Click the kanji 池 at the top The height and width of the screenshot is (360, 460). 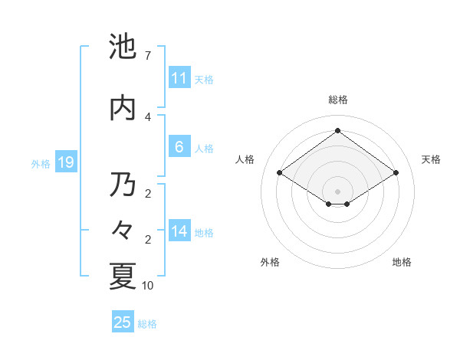[123, 47]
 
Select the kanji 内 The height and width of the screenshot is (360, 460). [123, 108]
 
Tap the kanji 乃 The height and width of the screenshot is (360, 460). [123, 185]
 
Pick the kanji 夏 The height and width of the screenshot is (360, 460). [123, 277]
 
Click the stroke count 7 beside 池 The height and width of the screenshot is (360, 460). [148, 56]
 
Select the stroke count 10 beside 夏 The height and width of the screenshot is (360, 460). [148, 286]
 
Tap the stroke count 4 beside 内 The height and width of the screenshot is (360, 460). [148, 116]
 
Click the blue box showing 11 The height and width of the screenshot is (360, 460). [179, 78]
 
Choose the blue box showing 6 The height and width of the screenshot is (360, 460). [179, 147]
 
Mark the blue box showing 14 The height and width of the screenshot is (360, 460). [179, 231]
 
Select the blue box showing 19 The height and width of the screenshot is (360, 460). [65, 162]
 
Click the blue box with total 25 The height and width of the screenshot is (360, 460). [123, 322]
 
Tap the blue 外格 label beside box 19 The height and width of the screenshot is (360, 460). [41, 163]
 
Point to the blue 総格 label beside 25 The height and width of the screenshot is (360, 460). [147, 324]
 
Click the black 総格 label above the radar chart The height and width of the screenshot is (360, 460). [337, 100]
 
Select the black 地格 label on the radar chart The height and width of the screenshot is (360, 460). [402, 262]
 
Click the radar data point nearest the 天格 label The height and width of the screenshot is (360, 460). [396, 173]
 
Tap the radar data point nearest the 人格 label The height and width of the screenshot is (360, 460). [280, 173]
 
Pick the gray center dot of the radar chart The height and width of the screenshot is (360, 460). [337, 190]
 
